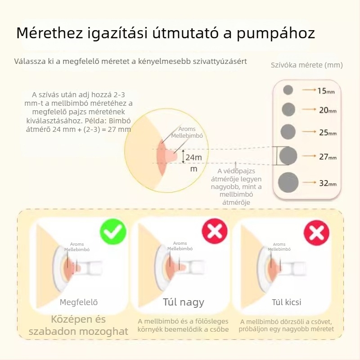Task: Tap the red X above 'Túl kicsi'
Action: coord(316,233)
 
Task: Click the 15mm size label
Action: coord(326,91)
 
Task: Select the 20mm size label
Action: coord(327,110)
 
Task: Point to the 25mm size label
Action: coord(327,133)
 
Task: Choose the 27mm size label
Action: coord(327,157)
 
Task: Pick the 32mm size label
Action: coord(327,183)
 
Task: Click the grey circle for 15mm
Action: coord(288,90)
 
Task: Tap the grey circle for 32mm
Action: coord(288,182)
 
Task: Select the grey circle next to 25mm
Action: coord(288,132)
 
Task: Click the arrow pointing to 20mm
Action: coord(308,109)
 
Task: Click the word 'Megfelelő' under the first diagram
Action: coord(79,302)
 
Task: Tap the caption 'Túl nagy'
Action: coord(183,302)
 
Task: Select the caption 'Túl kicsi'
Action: coord(287,302)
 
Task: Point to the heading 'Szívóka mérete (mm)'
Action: coord(306,65)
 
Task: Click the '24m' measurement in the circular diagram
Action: coord(193,157)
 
